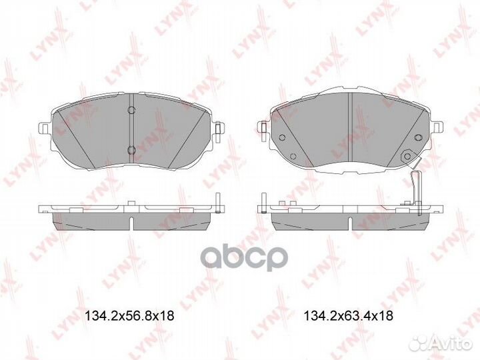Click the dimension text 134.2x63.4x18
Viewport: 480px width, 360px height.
(x=348, y=317)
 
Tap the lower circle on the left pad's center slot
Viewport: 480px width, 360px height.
(x=131, y=149)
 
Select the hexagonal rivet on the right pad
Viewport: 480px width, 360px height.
(x=404, y=156)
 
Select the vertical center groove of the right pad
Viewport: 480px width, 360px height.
(x=351, y=127)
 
